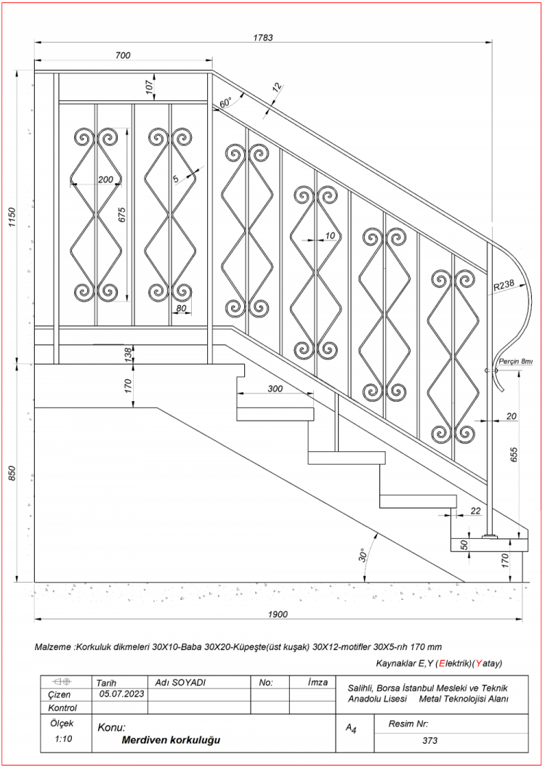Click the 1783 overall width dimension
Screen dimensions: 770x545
pyautogui.click(x=263, y=38)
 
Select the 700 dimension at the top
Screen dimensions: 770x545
pyautogui.click(x=123, y=56)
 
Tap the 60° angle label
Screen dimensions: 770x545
pyautogui.click(x=225, y=102)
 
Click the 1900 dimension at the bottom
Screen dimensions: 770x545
pyautogui.click(x=278, y=614)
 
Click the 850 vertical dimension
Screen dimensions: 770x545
pyautogui.click(x=12, y=473)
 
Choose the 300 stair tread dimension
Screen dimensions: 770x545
pyautogui.click(x=275, y=389)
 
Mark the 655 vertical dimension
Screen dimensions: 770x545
pyautogui.click(x=514, y=455)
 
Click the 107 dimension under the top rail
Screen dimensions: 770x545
pyautogui.click(x=150, y=86)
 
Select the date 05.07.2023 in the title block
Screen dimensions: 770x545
pyautogui.click(x=119, y=694)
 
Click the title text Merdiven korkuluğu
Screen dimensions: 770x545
pyautogui.click(x=171, y=740)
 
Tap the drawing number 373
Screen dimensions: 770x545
pyautogui.click(x=429, y=741)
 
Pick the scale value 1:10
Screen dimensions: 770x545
pyautogui.click(x=63, y=739)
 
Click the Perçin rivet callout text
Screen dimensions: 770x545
pyautogui.click(x=516, y=361)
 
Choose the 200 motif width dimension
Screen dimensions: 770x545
pyautogui.click(x=106, y=179)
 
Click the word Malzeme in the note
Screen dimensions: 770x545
pyautogui.click(x=54, y=647)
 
